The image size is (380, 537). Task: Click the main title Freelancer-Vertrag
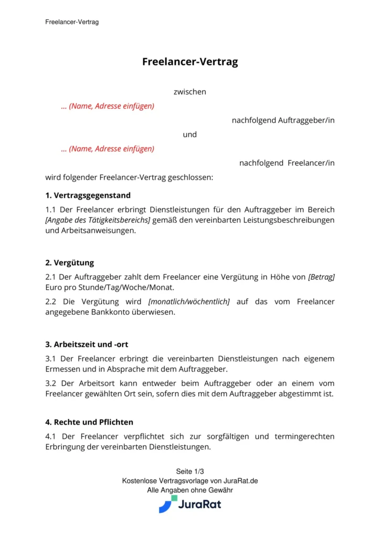click(190, 62)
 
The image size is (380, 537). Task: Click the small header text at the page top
click(72, 22)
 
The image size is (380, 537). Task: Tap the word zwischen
click(190, 92)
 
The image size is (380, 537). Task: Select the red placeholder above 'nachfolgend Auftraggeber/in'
click(108, 106)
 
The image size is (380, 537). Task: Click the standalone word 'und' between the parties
click(190, 135)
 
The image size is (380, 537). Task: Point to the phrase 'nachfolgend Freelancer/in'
click(287, 163)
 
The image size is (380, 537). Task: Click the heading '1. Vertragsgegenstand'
click(88, 196)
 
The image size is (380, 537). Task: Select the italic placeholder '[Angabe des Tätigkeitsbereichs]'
click(98, 220)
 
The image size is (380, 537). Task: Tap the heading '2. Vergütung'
click(70, 263)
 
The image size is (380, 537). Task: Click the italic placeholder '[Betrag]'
click(321, 276)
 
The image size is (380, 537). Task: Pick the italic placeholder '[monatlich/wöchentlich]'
click(189, 302)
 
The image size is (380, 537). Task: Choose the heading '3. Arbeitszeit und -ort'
click(87, 345)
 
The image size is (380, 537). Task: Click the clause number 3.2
click(51, 383)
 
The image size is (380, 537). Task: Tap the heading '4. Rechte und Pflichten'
click(89, 422)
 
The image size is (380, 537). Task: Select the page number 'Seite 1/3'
click(190, 471)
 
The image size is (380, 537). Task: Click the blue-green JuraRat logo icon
click(167, 504)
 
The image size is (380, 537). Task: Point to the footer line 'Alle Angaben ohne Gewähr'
click(190, 490)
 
